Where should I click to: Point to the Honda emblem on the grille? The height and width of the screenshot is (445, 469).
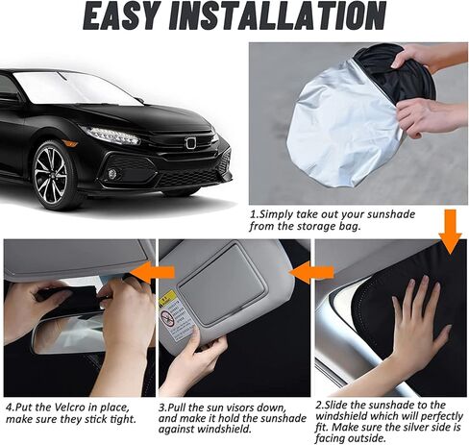click(x=190, y=143)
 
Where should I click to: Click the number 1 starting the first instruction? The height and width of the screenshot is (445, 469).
click(x=254, y=210)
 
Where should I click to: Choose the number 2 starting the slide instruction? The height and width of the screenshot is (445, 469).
click(x=319, y=407)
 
